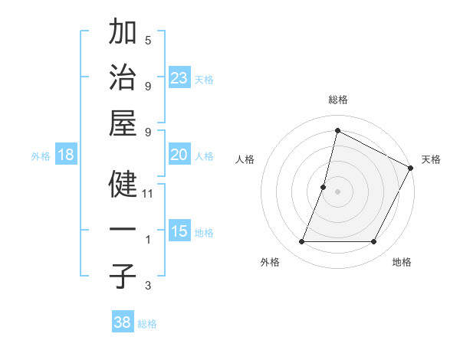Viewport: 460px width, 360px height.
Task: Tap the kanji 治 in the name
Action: pyautogui.click(x=123, y=78)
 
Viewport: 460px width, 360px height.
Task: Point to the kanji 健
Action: pyautogui.click(x=123, y=185)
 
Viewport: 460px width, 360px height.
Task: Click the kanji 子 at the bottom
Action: pyautogui.click(x=123, y=276)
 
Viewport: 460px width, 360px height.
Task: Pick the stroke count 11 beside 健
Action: pyautogui.click(x=148, y=194)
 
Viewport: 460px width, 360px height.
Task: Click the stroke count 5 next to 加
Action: pyautogui.click(x=148, y=40)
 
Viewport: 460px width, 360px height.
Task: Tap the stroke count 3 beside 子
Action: pyautogui.click(x=148, y=286)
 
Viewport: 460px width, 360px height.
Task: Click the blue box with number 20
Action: pyautogui.click(x=179, y=155)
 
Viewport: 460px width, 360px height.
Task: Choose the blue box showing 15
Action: pyautogui.click(x=179, y=231)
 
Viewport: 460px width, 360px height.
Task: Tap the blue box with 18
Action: pyautogui.click(x=66, y=155)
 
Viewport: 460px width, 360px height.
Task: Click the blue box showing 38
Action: pyautogui.click(x=123, y=322)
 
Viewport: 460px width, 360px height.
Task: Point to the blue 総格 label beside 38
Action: pyautogui.click(x=147, y=324)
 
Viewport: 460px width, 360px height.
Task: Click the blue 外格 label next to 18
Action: pyautogui.click(x=41, y=156)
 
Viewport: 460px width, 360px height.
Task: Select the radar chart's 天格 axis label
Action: pyautogui.click(x=431, y=159)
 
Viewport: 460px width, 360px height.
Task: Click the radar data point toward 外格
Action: pyautogui.click(x=301, y=242)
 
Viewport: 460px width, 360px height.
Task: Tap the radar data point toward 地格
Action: pyautogui.click(x=373, y=242)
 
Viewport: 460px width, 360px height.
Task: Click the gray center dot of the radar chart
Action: pyautogui.click(x=337, y=191)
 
